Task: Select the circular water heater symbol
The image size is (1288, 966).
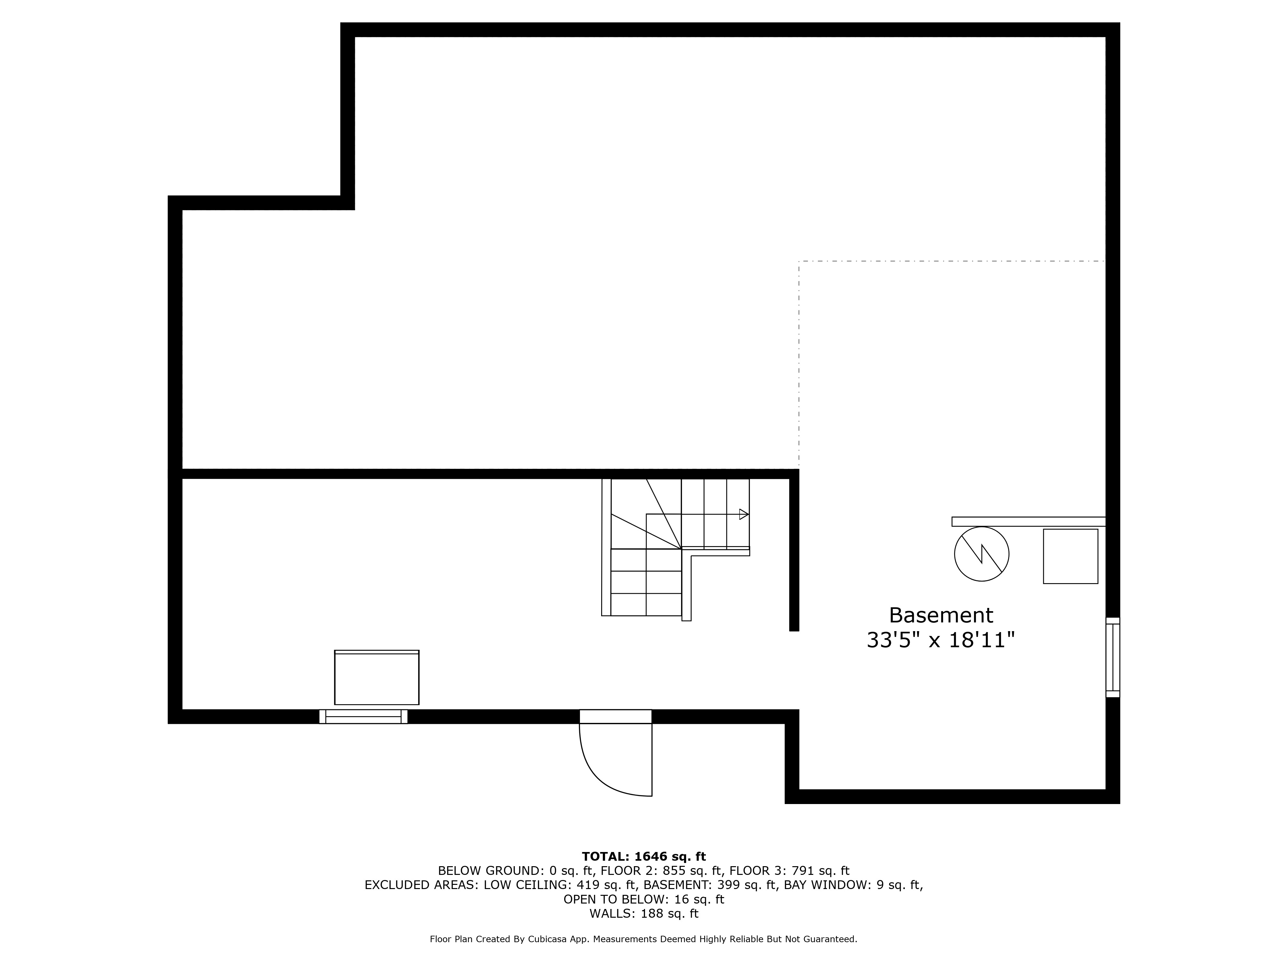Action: coord(982,554)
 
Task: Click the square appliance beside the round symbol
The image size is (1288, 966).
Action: coord(1070,556)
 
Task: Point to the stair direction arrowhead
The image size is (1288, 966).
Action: coord(743,514)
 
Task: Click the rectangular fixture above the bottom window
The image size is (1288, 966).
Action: coord(377,678)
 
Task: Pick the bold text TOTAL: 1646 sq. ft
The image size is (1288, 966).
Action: coord(643,857)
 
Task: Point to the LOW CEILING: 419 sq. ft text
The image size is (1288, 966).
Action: coord(536,885)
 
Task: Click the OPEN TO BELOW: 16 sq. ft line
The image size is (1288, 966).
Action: coord(643,900)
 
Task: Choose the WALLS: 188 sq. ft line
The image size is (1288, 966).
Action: coord(643,914)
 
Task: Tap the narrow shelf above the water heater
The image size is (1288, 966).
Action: coord(1028,522)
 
